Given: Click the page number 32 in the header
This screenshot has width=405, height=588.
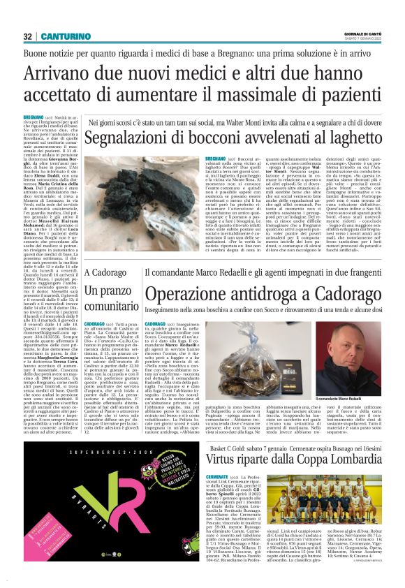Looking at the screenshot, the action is (x=29, y=36).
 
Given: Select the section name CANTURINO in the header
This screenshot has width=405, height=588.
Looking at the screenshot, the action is (x=63, y=36).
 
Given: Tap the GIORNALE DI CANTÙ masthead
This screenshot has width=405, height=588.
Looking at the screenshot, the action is (x=371, y=34).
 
